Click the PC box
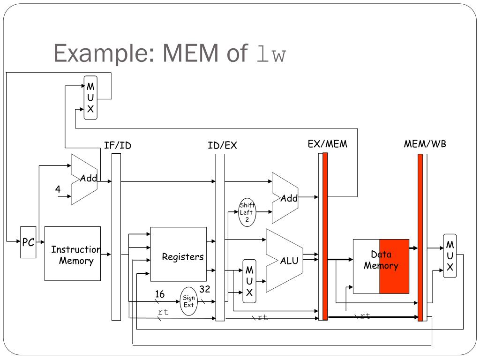click(x=28, y=242)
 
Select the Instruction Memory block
click(x=73, y=254)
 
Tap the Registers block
click(x=179, y=254)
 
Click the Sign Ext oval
click(x=188, y=301)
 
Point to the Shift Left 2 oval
click(x=247, y=212)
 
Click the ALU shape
click(x=285, y=261)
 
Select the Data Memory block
click(x=381, y=266)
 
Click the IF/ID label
click(x=118, y=145)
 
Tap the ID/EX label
click(x=222, y=145)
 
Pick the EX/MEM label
click(x=328, y=144)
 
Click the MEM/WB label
click(x=425, y=144)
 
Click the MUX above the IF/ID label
click(x=90, y=97)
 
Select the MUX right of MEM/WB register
click(x=450, y=256)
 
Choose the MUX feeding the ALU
click(x=249, y=281)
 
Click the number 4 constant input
click(x=58, y=189)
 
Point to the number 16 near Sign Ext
click(x=160, y=294)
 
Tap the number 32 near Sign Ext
click(x=205, y=289)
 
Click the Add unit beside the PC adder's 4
click(x=84, y=180)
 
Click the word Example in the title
click(x=104, y=53)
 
